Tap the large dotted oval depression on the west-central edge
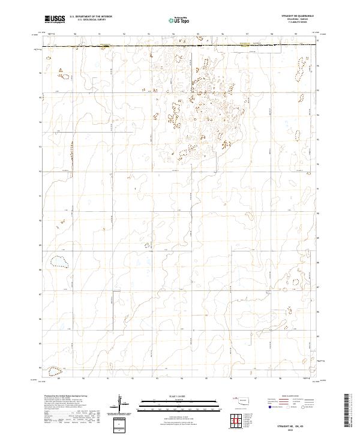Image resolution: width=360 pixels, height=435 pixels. pos(58,262)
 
